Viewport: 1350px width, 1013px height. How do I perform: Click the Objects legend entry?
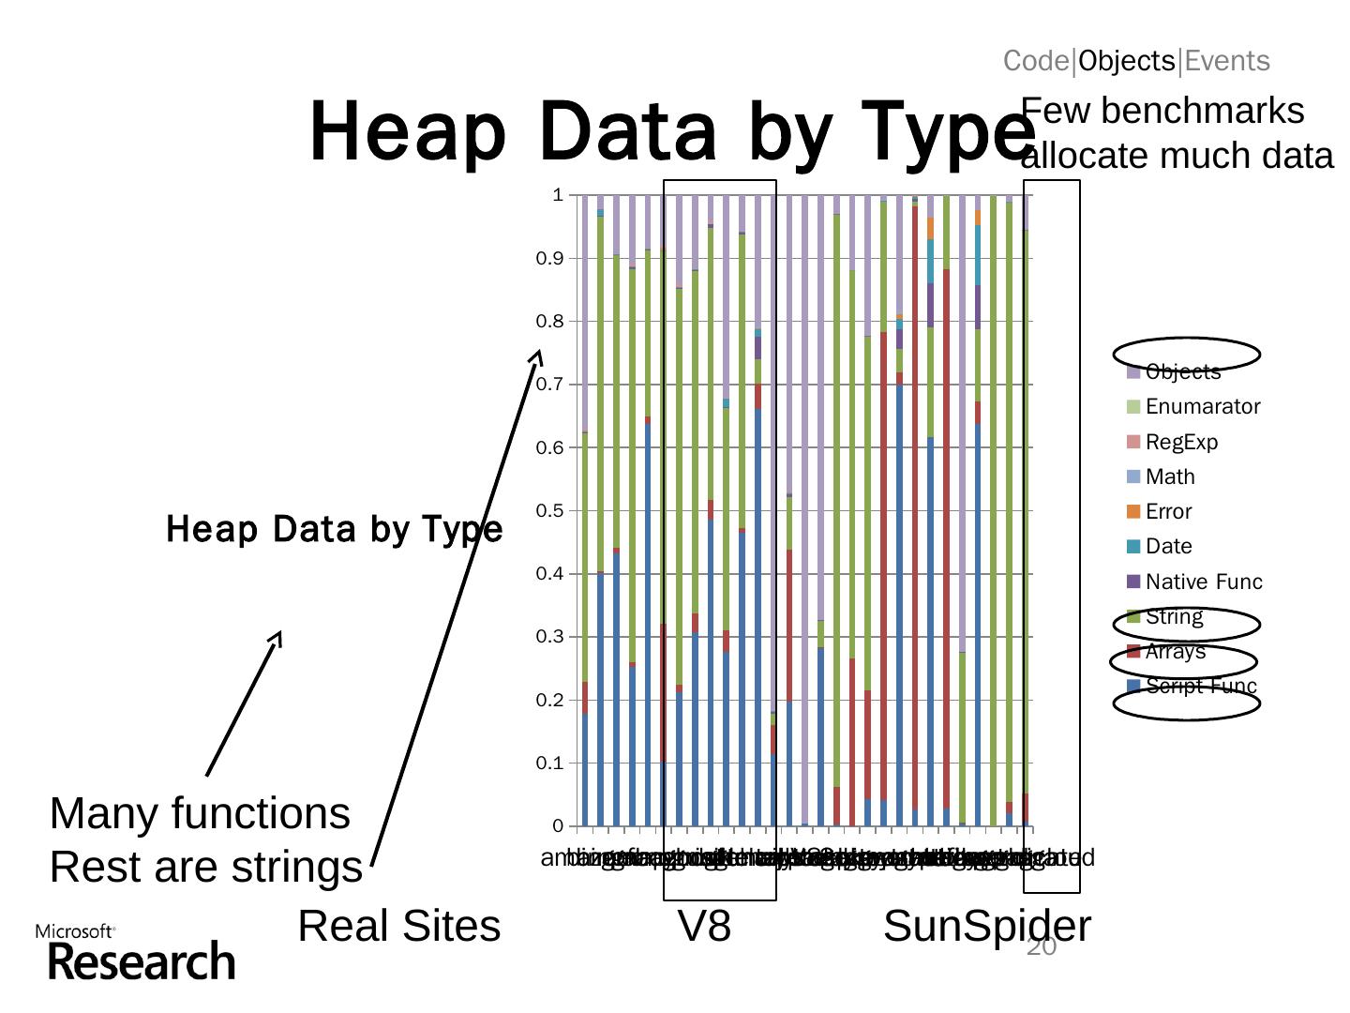1182,372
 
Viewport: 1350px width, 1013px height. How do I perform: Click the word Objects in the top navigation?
1126,61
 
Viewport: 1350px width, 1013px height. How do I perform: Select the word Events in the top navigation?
1227,61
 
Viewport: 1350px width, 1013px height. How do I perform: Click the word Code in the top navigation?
1036,61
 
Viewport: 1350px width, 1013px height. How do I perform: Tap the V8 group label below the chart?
704,927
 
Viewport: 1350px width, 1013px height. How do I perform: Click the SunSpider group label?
986,927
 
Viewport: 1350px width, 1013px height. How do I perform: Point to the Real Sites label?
399,927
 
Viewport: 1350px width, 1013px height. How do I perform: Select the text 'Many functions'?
200,814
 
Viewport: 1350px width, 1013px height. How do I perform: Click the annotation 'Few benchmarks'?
1162,112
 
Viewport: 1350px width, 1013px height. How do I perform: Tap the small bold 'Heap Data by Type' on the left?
334,530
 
